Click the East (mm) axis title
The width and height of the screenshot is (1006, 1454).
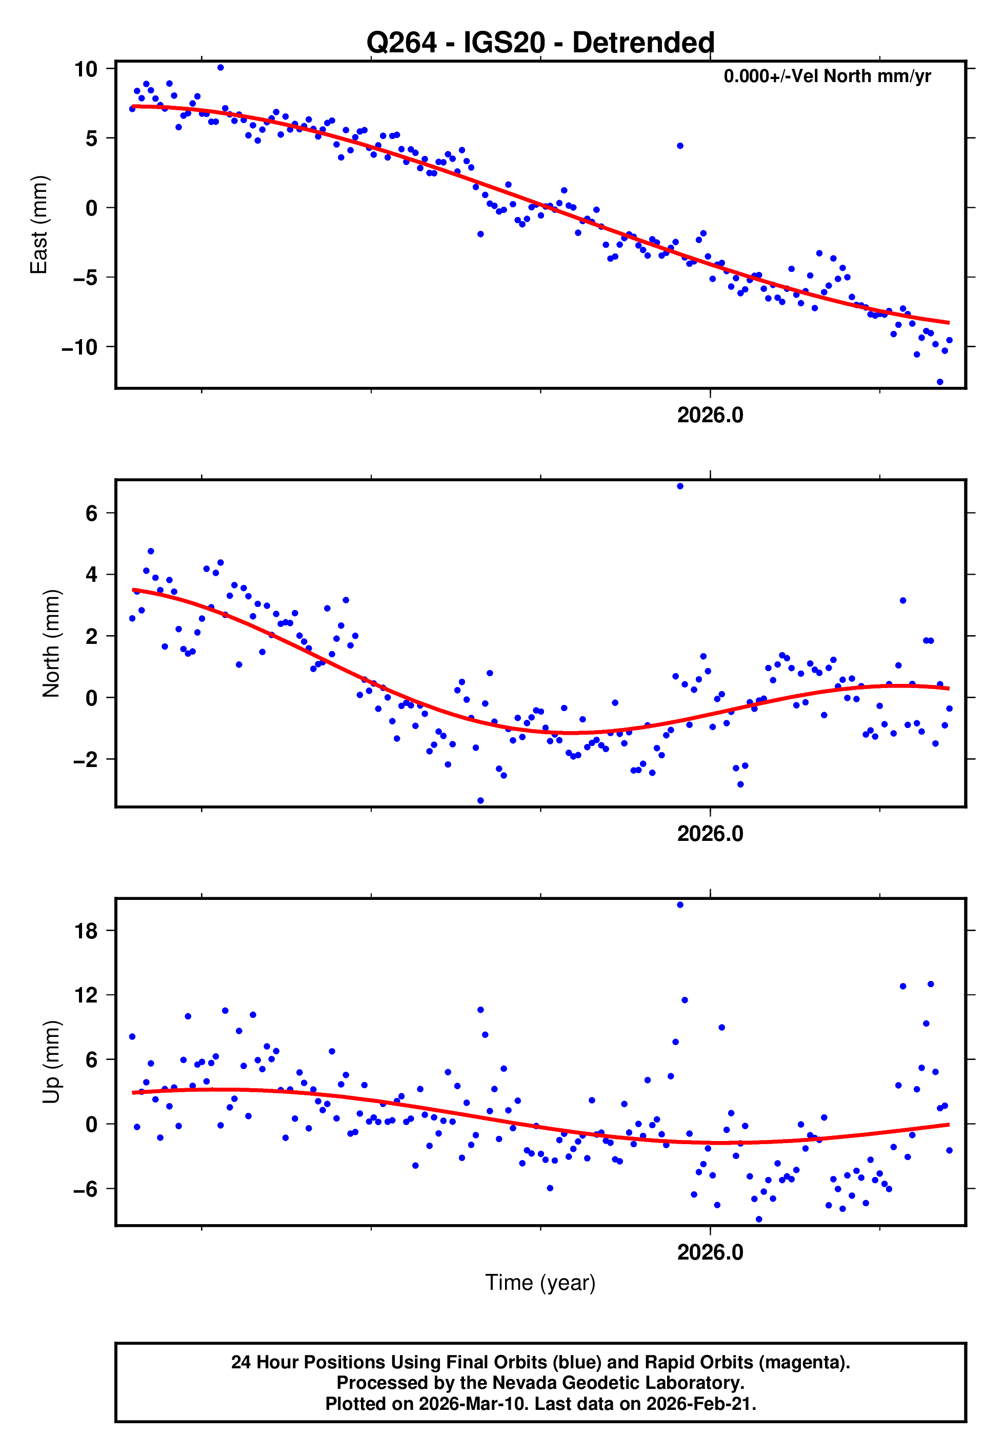coord(39,225)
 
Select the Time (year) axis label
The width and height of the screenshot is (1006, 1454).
coord(540,1283)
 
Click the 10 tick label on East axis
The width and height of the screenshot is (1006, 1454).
coord(86,69)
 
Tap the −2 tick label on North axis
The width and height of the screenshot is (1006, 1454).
coord(86,760)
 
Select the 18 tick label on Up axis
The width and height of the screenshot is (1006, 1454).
coord(86,931)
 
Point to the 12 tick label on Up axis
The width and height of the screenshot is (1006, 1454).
coord(86,996)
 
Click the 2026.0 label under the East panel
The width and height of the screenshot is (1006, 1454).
coord(710,416)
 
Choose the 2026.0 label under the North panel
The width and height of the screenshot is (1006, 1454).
coord(710,834)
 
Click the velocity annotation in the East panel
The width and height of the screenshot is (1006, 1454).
coord(827,76)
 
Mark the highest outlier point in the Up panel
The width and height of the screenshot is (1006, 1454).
coord(679,905)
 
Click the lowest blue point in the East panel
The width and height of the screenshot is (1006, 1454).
coord(939,382)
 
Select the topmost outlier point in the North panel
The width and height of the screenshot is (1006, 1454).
coord(679,486)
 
